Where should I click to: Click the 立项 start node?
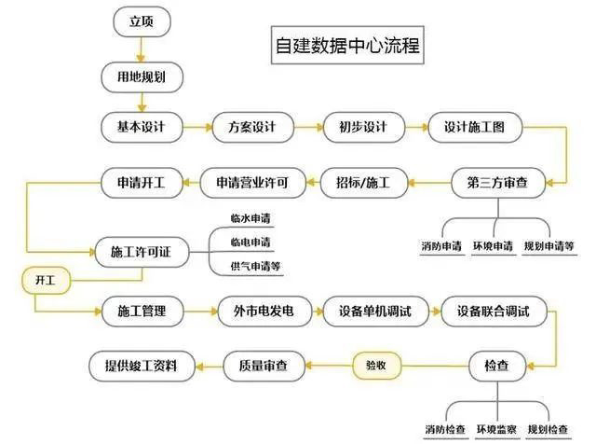142,21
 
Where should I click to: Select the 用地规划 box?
142,77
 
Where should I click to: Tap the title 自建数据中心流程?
347,45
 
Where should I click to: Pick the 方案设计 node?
252,127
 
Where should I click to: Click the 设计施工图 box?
475,127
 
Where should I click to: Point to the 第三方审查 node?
498,183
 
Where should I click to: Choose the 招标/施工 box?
364,183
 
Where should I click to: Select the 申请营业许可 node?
252,183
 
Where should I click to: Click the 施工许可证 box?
142,252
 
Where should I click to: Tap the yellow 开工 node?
46,281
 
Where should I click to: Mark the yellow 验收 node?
376,366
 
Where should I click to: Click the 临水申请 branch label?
251,218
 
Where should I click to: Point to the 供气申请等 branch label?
255,266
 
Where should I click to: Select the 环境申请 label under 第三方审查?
493,245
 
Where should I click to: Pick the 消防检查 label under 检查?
445,429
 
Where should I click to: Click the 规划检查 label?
548,429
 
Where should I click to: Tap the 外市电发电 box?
264,312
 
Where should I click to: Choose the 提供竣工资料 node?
142,366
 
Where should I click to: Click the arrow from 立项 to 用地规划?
142,49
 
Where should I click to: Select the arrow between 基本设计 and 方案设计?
197,127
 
